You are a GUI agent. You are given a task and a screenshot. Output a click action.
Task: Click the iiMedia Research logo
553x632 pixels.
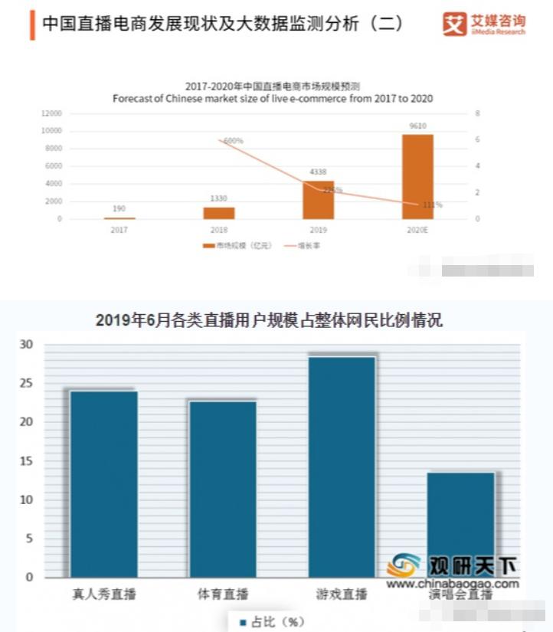(x=483, y=25)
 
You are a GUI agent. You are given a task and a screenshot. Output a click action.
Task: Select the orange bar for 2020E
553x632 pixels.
(x=417, y=177)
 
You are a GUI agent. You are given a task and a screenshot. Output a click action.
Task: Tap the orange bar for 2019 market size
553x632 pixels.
(x=318, y=200)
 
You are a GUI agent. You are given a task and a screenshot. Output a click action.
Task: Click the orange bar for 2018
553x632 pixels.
(x=219, y=213)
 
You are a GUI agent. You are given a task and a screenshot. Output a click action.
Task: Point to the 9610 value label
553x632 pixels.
(x=417, y=126)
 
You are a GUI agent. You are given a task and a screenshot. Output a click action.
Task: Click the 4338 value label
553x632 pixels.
(x=318, y=172)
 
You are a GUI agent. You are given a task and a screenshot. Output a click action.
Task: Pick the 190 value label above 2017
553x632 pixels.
(x=119, y=208)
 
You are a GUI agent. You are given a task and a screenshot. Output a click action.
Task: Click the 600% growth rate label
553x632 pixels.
(x=234, y=141)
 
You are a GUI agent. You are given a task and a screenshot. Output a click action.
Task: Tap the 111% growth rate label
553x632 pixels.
(x=433, y=205)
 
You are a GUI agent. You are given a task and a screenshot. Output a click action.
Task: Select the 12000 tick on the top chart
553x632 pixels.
(x=51, y=113)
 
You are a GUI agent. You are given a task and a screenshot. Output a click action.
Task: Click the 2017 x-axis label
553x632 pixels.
(x=119, y=229)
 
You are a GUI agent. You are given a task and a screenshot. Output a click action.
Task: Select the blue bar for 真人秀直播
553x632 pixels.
(x=104, y=483)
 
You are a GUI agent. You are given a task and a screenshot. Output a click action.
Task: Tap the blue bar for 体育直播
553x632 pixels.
(x=223, y=488)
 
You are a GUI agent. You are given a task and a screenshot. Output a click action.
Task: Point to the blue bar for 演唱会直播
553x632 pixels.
(x=461, y=521)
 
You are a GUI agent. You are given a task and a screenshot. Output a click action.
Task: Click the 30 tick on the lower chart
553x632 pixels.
(x=27, y=345)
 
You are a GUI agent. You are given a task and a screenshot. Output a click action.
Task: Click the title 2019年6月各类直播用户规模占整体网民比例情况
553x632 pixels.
(x=269, y=320)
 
